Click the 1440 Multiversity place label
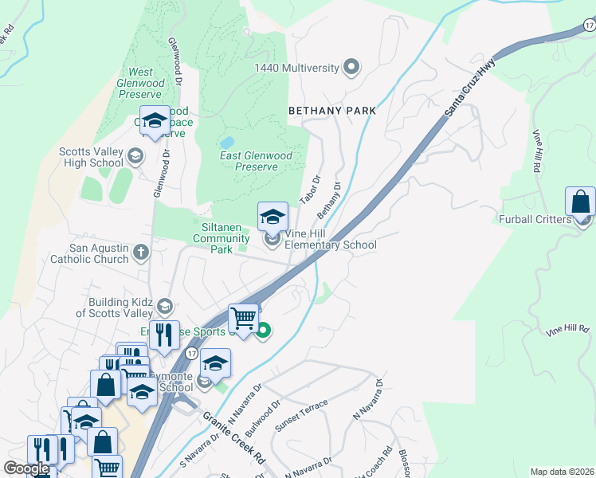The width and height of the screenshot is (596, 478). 296,68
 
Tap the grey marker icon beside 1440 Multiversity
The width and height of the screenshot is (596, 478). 351,67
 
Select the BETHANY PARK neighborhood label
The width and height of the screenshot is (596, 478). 331,111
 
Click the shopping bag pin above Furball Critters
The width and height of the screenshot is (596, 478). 580,202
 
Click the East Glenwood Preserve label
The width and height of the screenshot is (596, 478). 260,161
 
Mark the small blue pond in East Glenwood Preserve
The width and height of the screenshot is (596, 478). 226,143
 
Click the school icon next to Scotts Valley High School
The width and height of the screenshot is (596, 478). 135,155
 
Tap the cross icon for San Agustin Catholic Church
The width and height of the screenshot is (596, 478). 141,253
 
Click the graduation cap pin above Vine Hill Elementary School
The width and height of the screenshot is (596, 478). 273,216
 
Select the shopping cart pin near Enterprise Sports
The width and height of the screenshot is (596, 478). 244,319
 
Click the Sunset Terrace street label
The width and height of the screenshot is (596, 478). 301,417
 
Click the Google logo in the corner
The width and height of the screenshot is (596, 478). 26,468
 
